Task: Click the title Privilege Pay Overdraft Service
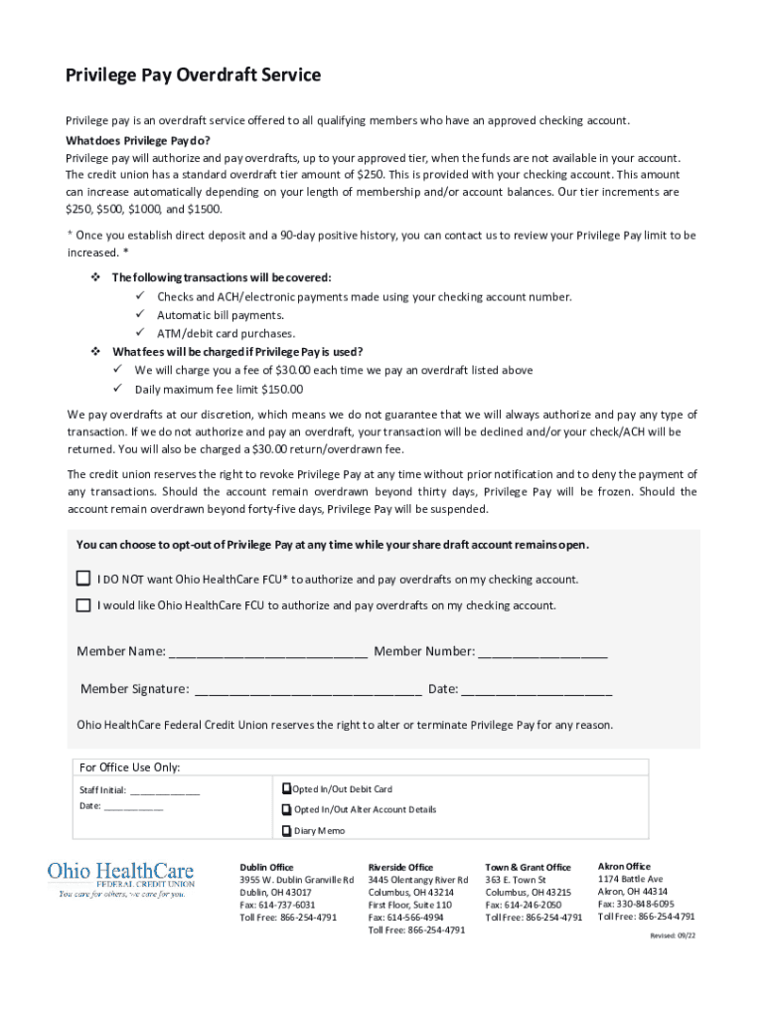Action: tap(193, 76)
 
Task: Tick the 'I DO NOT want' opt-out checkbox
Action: tap(83, 579)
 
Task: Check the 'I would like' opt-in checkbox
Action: tap(83, 604)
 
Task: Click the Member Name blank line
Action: tap(268, 653)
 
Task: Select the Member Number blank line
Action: tap(542, 653)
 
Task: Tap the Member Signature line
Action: tap(308, 690)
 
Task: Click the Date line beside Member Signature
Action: tap(536, 690)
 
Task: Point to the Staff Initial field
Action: tap(164, 791)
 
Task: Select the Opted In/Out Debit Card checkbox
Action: tap(286, 789)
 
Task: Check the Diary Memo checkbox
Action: tap(286, 831)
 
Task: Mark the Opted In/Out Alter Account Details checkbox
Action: tap(286, 810)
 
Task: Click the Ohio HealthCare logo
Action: tap(121, 879)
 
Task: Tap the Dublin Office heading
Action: tap(266, 867)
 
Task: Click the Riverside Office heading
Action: tap(400, 867)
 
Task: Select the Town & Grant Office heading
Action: tap(528, 867)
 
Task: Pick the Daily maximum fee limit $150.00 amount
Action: tap(283, 390)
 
